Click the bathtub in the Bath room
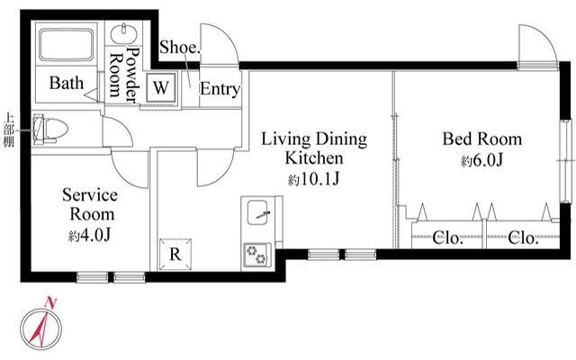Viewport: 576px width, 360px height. click(66, 45)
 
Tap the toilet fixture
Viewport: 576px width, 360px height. click(50, 130)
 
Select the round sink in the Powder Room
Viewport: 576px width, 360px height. click(124, 34)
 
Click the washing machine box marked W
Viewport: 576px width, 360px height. click(161, 88)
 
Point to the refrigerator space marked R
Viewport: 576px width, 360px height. click(175, 254)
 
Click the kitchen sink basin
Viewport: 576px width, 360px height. click(257, 212)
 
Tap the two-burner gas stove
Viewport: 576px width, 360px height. click(256, 255)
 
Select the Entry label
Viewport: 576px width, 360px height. click(220, 89)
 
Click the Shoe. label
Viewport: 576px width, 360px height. click(180, 48)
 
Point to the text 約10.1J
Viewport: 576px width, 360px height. click(313, 179)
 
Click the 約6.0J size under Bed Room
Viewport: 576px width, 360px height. click(482, 160)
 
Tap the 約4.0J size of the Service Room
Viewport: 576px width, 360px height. click(90, 236)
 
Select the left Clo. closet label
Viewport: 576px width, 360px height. click(447, 238)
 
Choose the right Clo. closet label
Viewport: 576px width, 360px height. click(523, 238)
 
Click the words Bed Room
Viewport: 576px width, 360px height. click(482, 139)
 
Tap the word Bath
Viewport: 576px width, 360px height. click(67, 83)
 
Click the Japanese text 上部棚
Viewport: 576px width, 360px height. click(9, 130)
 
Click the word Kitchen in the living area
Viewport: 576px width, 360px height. click(314, 158)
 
